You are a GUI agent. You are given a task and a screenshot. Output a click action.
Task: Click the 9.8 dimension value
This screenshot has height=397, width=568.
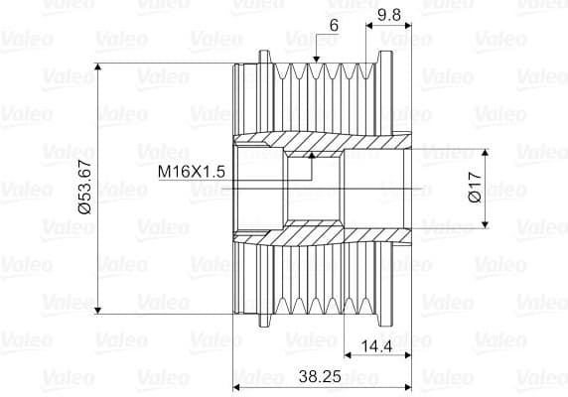point(389,15)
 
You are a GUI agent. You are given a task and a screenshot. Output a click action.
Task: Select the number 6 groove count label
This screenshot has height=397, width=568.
point(334,26)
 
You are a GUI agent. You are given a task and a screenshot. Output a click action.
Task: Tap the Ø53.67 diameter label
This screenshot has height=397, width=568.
point(85,188)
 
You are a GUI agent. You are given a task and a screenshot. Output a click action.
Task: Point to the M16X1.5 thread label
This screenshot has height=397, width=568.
point(192,171)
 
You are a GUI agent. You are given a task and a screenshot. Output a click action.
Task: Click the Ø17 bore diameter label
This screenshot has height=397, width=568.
point(475,188)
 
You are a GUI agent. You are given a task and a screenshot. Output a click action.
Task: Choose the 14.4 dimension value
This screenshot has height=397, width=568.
point(376,346)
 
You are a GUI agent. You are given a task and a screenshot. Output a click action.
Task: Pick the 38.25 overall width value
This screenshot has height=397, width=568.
point(320,377)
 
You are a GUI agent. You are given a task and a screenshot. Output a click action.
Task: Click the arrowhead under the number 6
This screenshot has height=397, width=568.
point(316,59)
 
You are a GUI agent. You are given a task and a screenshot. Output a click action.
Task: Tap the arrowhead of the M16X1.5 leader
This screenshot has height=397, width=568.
point(312,155)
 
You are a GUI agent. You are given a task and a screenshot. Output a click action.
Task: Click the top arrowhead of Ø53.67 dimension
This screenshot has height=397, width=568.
point(97,66)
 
